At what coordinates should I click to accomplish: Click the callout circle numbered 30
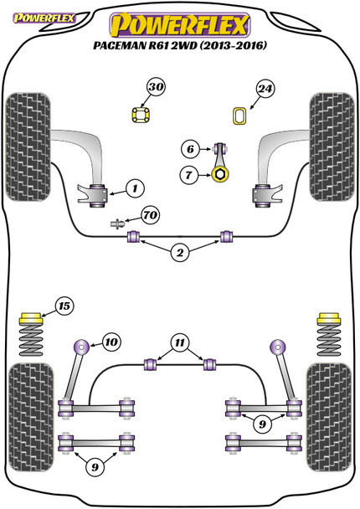(x=157, y=87)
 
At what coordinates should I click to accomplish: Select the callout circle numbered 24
(x=265, y=89)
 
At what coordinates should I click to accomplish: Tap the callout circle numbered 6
(x=190, y=149)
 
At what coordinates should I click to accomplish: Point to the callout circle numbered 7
(x=188, y=175)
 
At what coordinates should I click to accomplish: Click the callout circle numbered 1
(x=135, y=188)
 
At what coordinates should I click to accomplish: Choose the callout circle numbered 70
(x=151, y=215)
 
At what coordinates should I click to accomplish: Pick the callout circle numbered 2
(x=180, y=253)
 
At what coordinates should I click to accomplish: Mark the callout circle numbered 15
(x=64, y=306)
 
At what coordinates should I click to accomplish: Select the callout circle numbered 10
(x=111, y=342)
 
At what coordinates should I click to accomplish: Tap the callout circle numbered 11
(x=180, y=342)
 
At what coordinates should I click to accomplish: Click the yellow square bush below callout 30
(x=141, y=115)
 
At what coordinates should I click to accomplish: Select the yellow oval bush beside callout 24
(x=240, y=116)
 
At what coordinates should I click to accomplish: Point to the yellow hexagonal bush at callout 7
(x=220, y=174)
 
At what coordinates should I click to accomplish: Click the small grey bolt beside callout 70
(x=117, y=224)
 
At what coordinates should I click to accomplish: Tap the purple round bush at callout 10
(x=81, y=347)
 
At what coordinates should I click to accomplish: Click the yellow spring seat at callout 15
(x=32, y=318)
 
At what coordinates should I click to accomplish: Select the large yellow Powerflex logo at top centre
(x=180, y=25)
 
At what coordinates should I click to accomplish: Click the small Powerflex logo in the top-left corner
(x=44, y=18)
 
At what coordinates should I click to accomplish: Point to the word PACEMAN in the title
(x=120, y=45)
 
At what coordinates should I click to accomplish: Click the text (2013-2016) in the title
(x=233, y=45)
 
